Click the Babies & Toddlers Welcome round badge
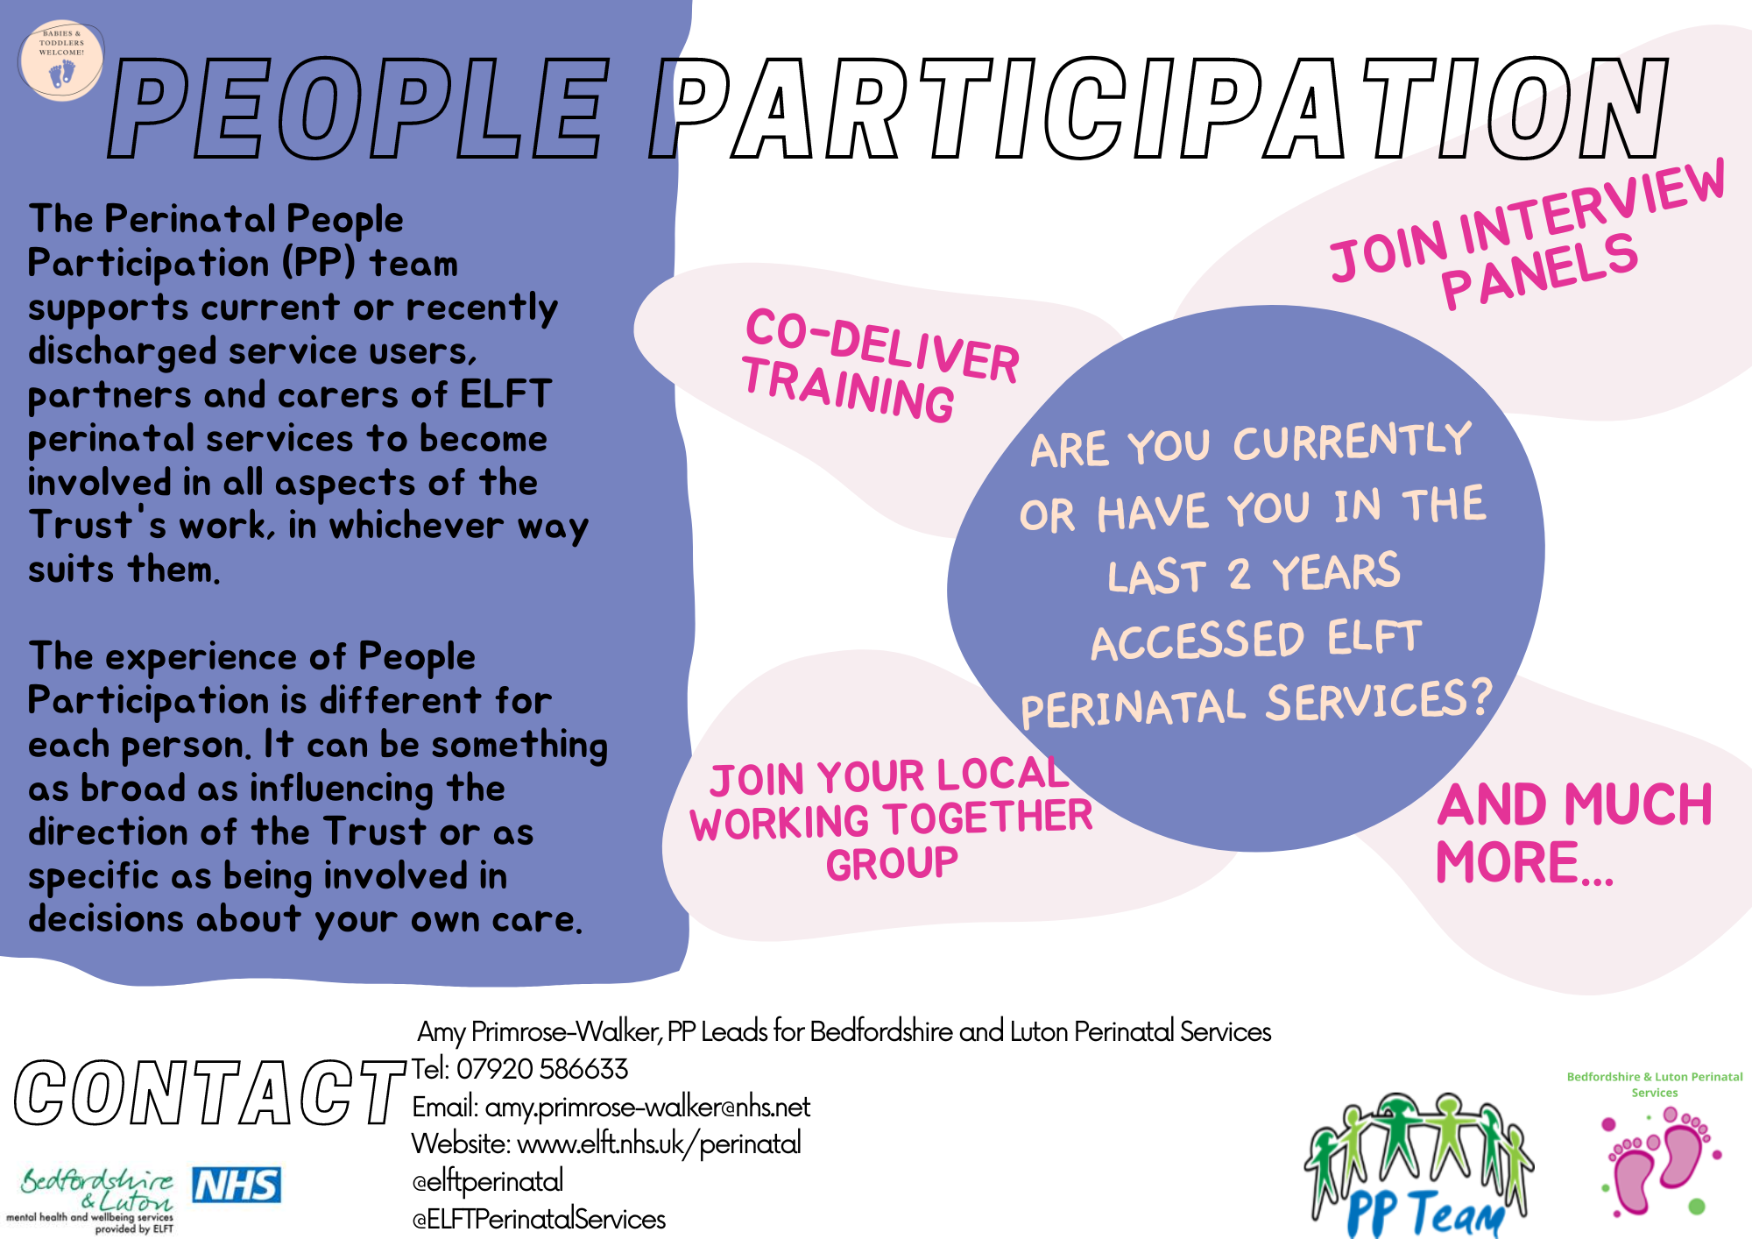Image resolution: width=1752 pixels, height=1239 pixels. [60, 60]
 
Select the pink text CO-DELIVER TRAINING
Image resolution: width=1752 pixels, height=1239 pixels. [880, 366]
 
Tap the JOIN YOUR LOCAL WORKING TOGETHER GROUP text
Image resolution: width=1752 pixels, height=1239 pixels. [891, 819]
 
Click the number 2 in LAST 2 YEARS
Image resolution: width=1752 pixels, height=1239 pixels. [1239, 575]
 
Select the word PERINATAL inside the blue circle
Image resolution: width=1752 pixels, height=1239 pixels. [1133, 708]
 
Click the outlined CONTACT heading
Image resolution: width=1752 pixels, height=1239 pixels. [210, 1093]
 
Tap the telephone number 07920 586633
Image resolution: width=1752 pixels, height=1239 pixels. [542, 1069]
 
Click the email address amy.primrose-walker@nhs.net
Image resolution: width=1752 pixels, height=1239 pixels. [647, 1108]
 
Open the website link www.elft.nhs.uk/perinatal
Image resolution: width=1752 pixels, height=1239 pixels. [659, 1144]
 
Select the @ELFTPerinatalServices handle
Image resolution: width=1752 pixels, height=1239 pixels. [539, 1219]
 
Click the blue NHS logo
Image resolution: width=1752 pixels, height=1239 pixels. [237, 1185]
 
